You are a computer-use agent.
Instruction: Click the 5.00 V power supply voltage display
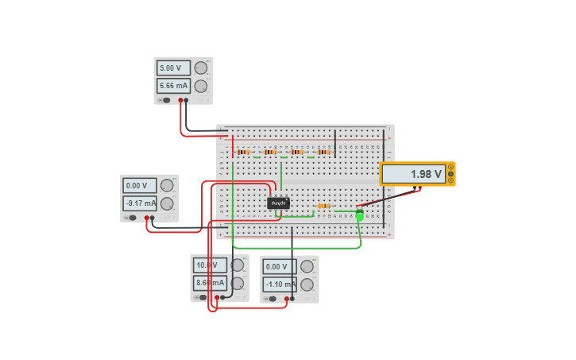(x=173, y=68)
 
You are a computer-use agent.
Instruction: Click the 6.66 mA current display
(x=173, y=86)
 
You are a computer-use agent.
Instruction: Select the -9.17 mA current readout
(x=140, y=203)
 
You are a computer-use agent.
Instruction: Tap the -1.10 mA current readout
(x=280, y=285)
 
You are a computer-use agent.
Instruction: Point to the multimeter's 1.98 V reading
(x=412, y=174)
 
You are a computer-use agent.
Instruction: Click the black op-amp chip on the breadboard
(x=278, y=203)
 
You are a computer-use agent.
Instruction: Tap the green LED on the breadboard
(x=360, y=215)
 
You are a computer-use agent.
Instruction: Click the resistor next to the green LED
(x=323, y=206)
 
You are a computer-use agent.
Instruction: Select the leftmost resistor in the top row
(x=243, y=152)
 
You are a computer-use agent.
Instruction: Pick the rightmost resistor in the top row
(x=323, y=152)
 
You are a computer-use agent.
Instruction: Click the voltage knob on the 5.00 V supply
(x=201, y=68)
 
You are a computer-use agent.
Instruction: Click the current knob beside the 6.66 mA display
(x=201, y=87)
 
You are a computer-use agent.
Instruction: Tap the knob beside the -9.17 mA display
(x=167, y=203)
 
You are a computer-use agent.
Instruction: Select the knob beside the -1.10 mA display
(x=307, y=285)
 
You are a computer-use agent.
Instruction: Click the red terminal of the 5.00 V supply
(x=181, y=100)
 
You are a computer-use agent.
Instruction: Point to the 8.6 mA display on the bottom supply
(x=209, y=283)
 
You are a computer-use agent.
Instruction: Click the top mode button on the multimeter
(x=450, y=167)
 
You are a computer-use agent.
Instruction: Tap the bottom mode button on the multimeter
(x=450, y=180)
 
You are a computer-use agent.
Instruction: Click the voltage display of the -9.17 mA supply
(x=140, y=186)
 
